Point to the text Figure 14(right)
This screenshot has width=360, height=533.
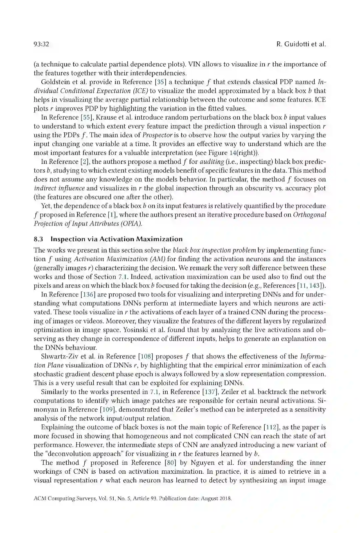(231, 153)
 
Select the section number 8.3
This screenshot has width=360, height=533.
(38, 239)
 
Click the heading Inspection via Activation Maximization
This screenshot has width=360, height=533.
(116, 239)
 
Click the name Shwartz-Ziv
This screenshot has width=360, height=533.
(60, 356)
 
